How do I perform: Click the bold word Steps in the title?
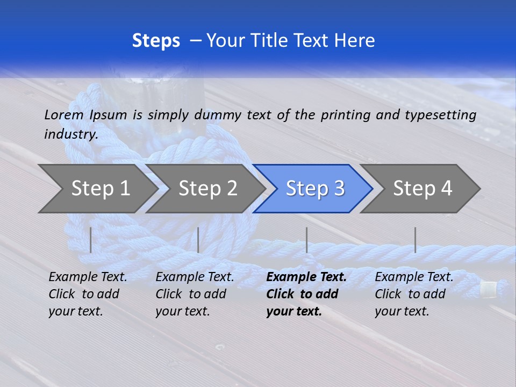coord(156,41)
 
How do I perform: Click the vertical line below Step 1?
coord(91,240)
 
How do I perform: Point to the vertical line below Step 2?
coord(198,240)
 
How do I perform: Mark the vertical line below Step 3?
coord(306,240)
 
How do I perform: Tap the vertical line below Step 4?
coord(415,240)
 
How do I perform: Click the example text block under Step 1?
coord(88,294)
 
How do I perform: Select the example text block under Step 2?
coord(195,294)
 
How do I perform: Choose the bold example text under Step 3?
coord(306,294)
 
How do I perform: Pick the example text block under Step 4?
coord(414,294)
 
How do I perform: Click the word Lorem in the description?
coord(64,114)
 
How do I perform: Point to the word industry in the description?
coord(71,134)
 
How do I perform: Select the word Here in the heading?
coord(355,41)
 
